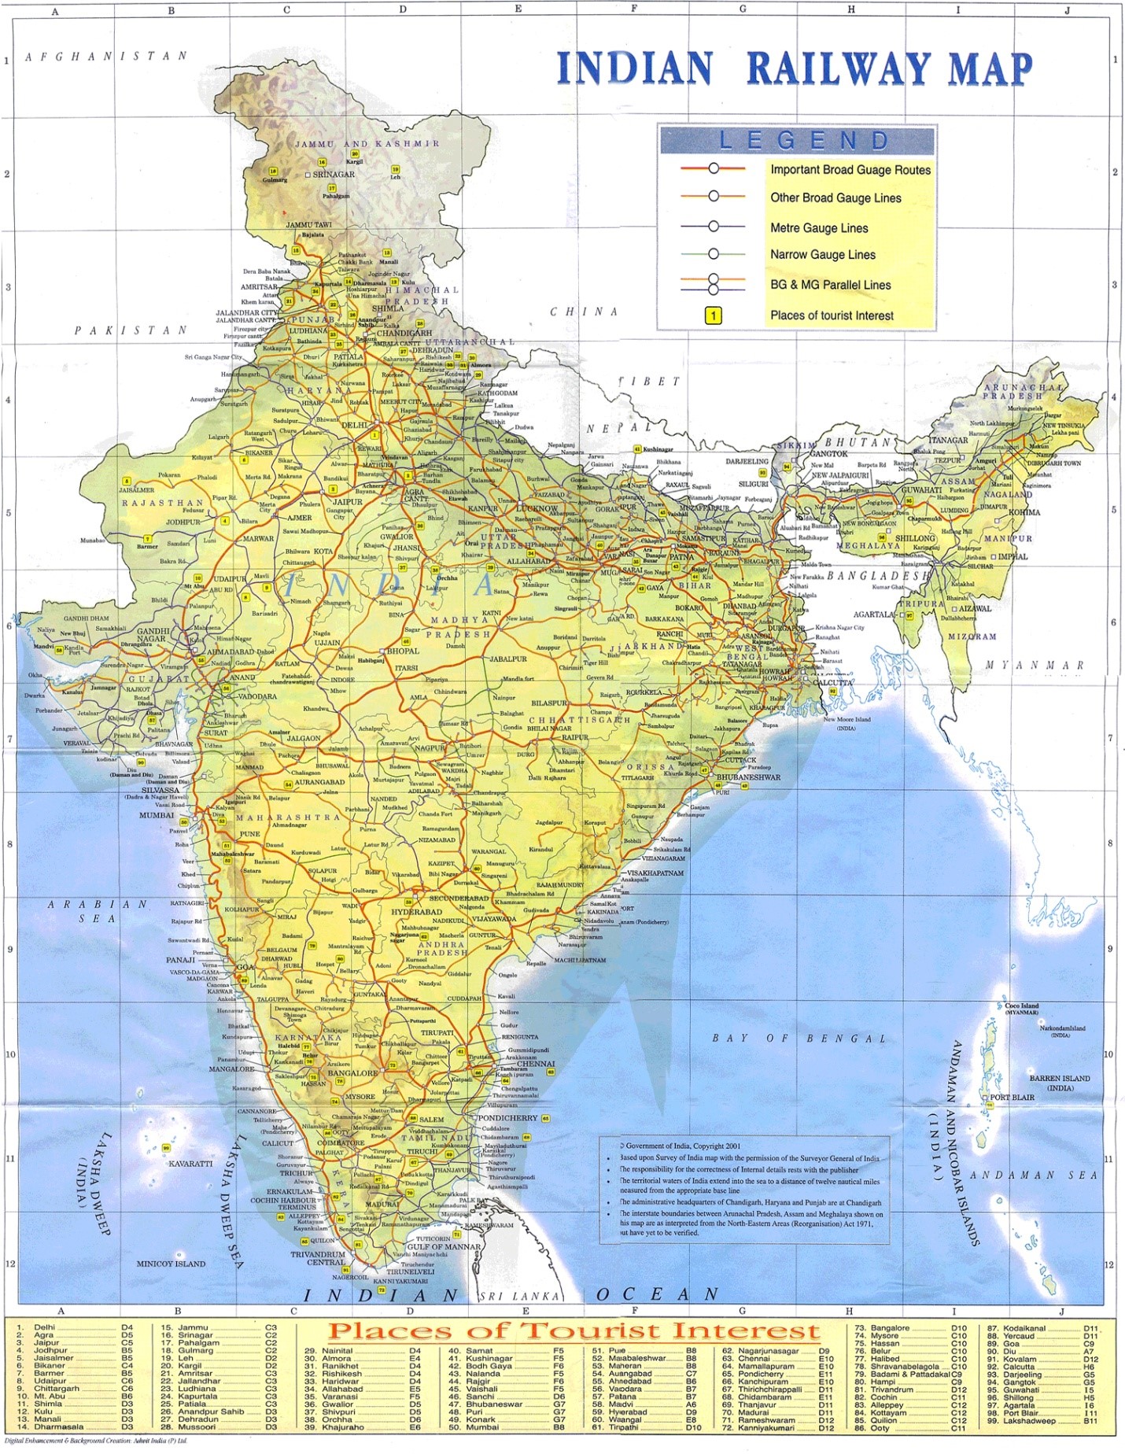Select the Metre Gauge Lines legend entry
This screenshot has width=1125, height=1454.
point(819,228)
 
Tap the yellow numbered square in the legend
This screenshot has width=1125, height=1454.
point(713,316)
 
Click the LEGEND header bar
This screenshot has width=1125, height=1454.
point(797,141)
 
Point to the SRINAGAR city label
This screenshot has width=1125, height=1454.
point(334,175)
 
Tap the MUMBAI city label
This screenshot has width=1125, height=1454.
point(156,815)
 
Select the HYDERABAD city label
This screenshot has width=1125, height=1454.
point(417,912)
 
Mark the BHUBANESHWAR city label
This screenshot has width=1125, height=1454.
point(748,777)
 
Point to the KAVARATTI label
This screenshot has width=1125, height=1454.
point(190,1163)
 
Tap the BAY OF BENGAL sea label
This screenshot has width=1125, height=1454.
point(799,1039)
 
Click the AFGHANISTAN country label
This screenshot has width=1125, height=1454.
point(106,57)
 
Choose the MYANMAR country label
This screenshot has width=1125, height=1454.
point(1035,666)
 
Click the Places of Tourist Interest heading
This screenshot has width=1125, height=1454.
point(574,1330)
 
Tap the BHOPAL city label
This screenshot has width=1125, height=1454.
point(403,651)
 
